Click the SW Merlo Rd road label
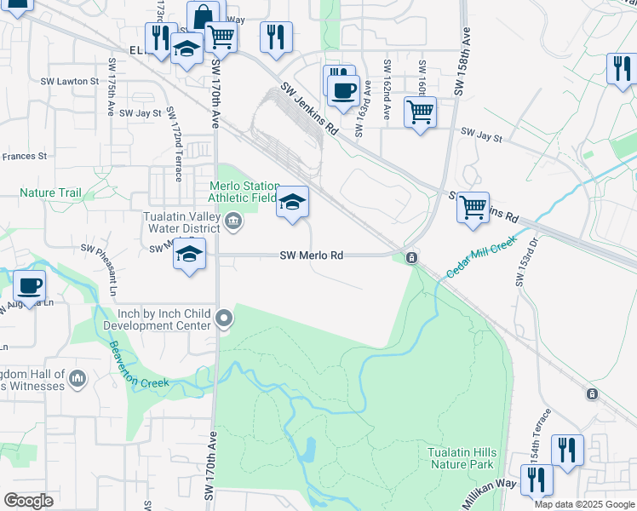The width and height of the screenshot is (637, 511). (312, 255)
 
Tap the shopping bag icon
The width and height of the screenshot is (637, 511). (204, 16)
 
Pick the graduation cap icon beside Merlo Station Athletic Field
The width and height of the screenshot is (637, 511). (291, 202)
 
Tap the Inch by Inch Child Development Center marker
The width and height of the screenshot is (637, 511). (224, 319)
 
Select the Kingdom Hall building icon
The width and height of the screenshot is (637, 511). (77, 378)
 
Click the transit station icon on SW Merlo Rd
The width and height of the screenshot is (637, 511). (411, 257)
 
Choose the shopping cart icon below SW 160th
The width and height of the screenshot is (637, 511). (420, 111)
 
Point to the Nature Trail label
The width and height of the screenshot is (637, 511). (51, 193)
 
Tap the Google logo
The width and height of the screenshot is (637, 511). (28, 500)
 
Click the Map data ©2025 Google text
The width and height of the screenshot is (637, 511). (582, 504)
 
